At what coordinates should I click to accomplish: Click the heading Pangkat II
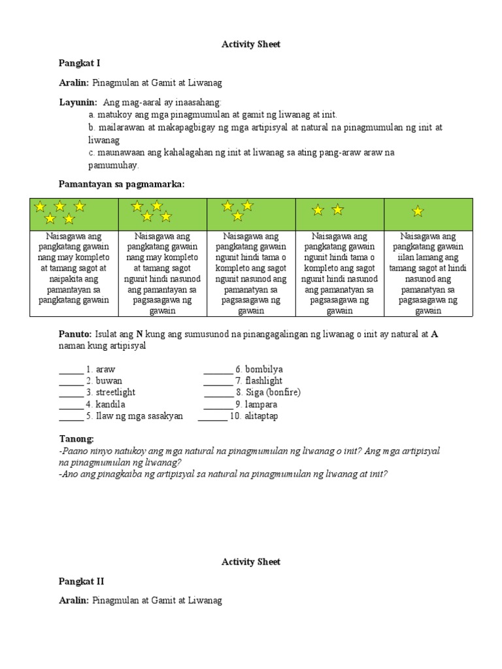pos(81,581)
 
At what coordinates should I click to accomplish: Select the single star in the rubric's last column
pos(418,211)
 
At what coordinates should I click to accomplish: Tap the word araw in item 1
pos(105,369)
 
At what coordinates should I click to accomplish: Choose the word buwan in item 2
pos(109,381)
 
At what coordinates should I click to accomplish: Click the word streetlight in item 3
pos(116,393)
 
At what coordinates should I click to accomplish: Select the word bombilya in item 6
pos(263,369)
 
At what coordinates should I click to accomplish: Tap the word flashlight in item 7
pos(263,381)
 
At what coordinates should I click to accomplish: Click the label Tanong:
pos(76,438)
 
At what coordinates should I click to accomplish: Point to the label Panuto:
pos(76,334)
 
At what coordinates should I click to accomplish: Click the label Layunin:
pos(78,103)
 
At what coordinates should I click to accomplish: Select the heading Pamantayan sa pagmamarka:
pos(122,185)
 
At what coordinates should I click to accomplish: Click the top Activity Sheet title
pos(251,44)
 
